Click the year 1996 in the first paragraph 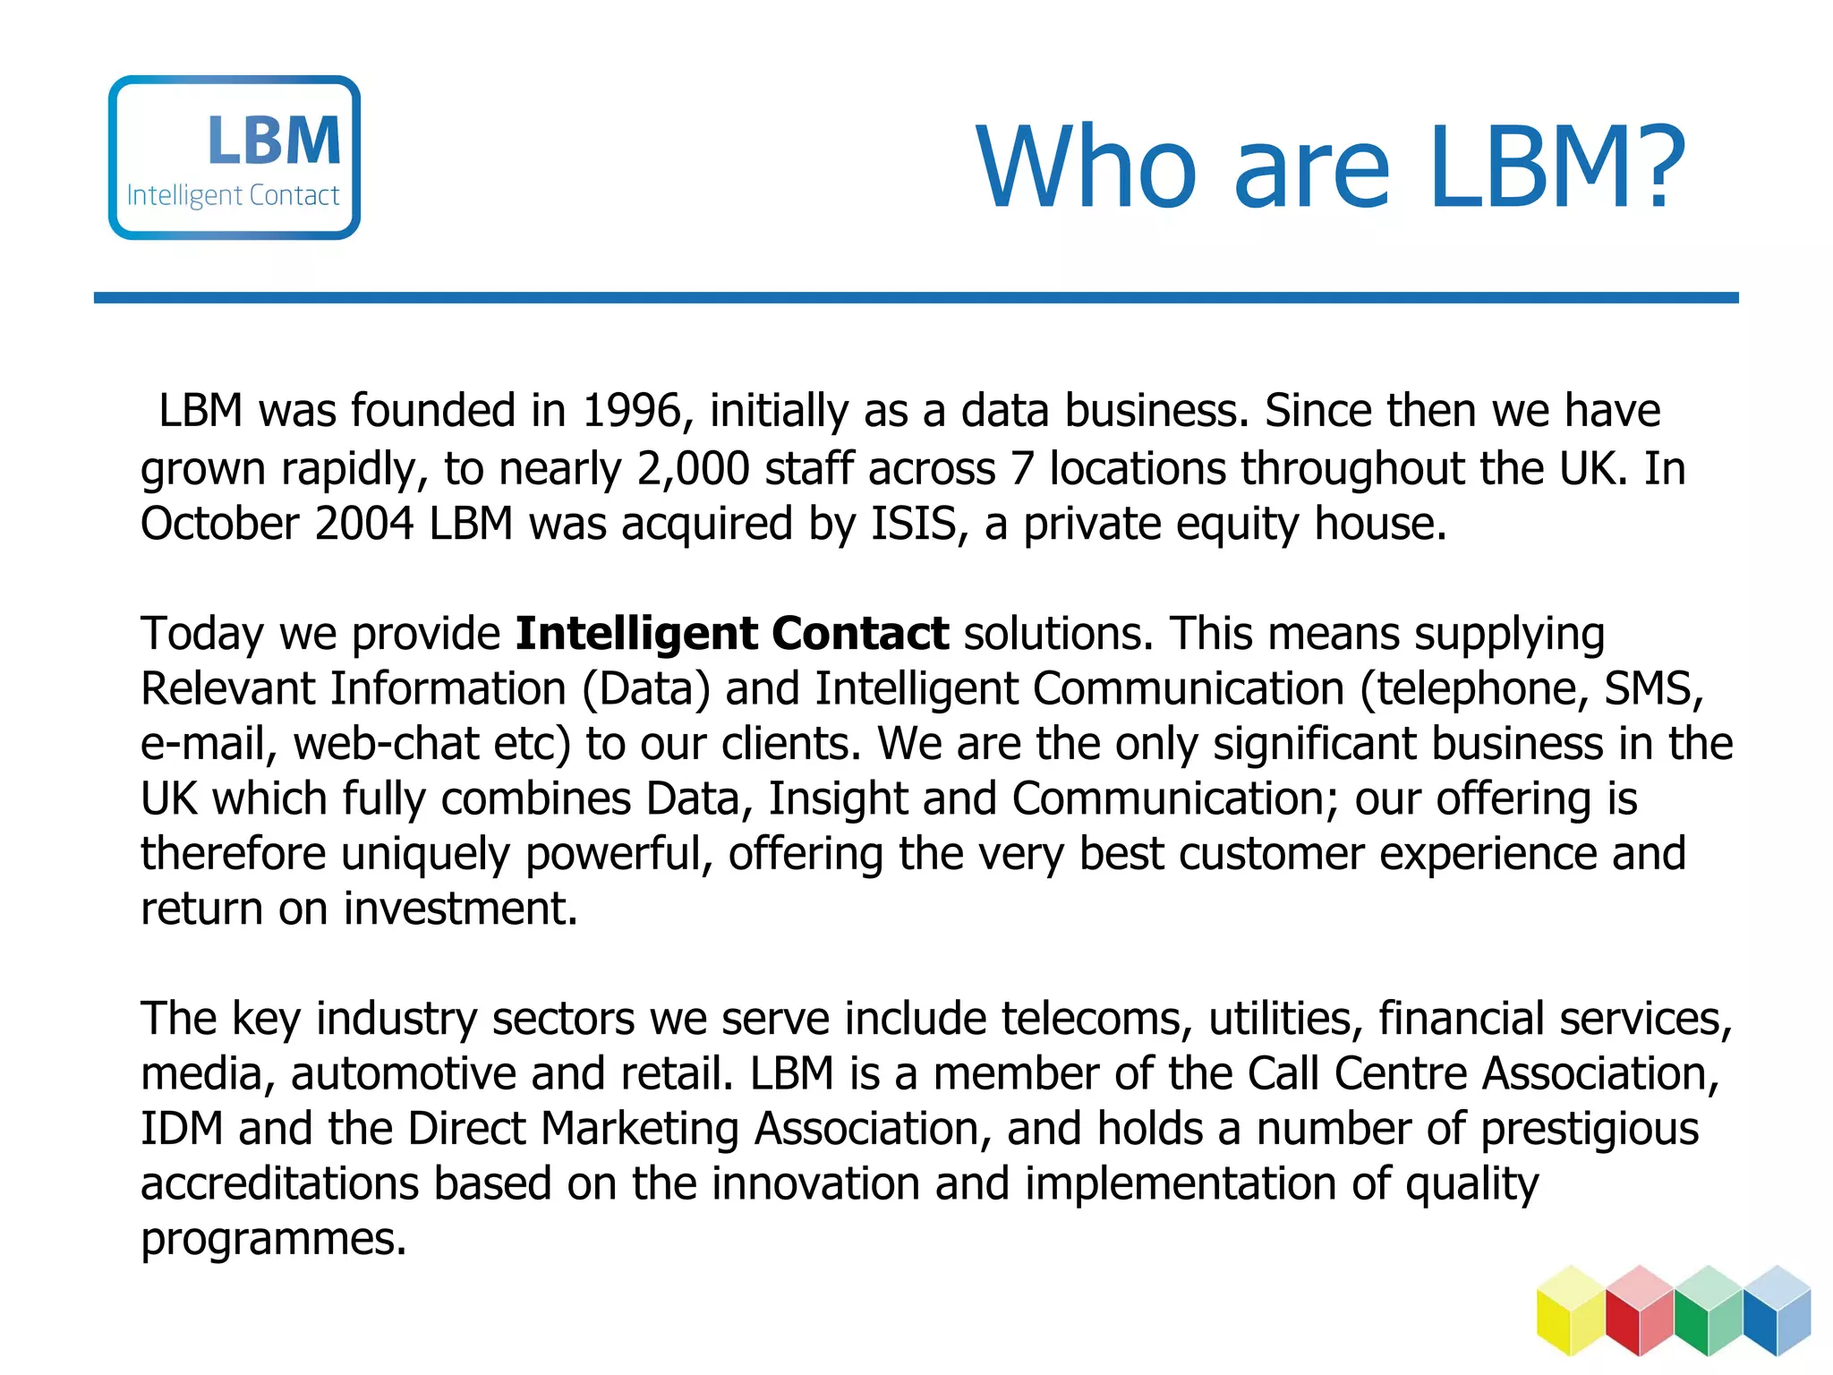(632, 411)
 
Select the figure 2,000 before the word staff (693, 468)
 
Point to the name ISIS (914, 523)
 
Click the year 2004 (364, 523)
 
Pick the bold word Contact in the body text (859, 633)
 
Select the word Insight (838, 799)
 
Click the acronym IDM (182, 1128)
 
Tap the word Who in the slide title (1086, 167)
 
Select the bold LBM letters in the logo (274, 141)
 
